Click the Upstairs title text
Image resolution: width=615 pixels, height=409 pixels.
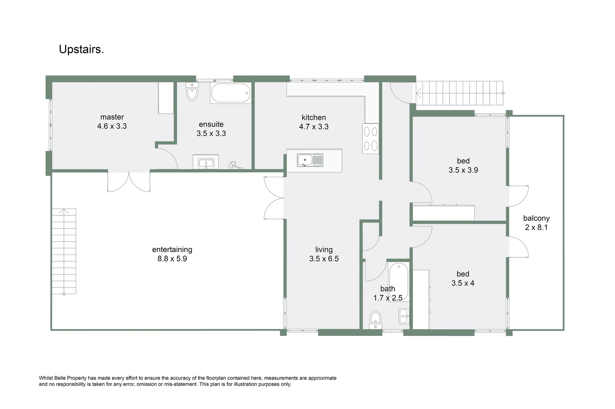pyautogui.click(x=81, y=50)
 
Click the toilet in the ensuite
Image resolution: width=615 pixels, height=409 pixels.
pyautogui.click(x=192, y=92)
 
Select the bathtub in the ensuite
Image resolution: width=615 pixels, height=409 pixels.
pyautogui.click(x=231, y=93)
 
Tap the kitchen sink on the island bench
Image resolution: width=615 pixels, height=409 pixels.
pyautogui.click(x=310, y=160)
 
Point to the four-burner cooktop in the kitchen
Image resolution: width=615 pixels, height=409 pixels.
pyautogui.click(x=371, y=139)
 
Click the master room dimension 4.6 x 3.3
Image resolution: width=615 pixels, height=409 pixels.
pyautogui.click(x=112, y=126)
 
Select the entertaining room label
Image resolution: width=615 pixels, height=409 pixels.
pyautogui.click(x=172, y=250)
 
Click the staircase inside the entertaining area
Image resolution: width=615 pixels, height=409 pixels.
pyautogui.click(x=64, y=251)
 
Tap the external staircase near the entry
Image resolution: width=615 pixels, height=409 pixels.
pyautogui.click(x=460, y=93)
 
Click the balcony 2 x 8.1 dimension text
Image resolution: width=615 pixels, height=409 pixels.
pyautogui.click(x=536, y=228)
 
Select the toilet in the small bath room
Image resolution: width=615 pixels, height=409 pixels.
pyautogui.click(x=375, y=320)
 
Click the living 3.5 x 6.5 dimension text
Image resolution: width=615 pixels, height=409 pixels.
pyautogui.click(x=324, y=259)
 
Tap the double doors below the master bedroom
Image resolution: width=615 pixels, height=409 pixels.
pyautogui.click(x=129, y=182)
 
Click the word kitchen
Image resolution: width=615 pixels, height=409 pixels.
pyautogui.click(x=314, y=117)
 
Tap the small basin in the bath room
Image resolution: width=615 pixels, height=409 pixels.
pyautogui.click(x=404, y=315)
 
